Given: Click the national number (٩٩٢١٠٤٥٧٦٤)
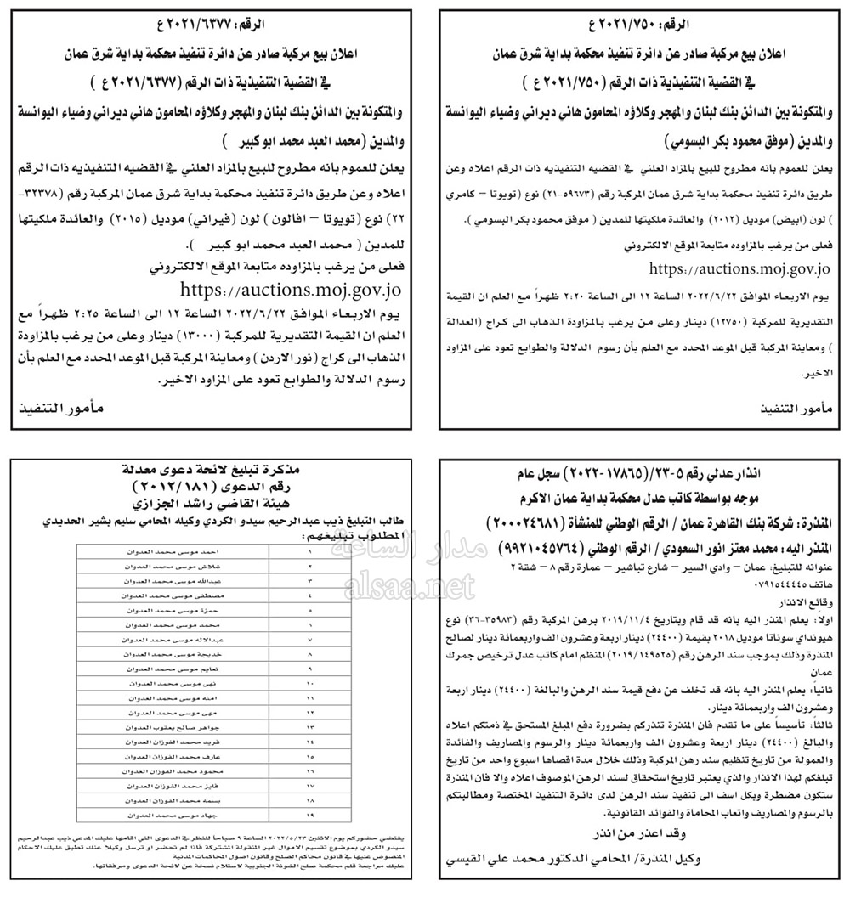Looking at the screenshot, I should [526, 550].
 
